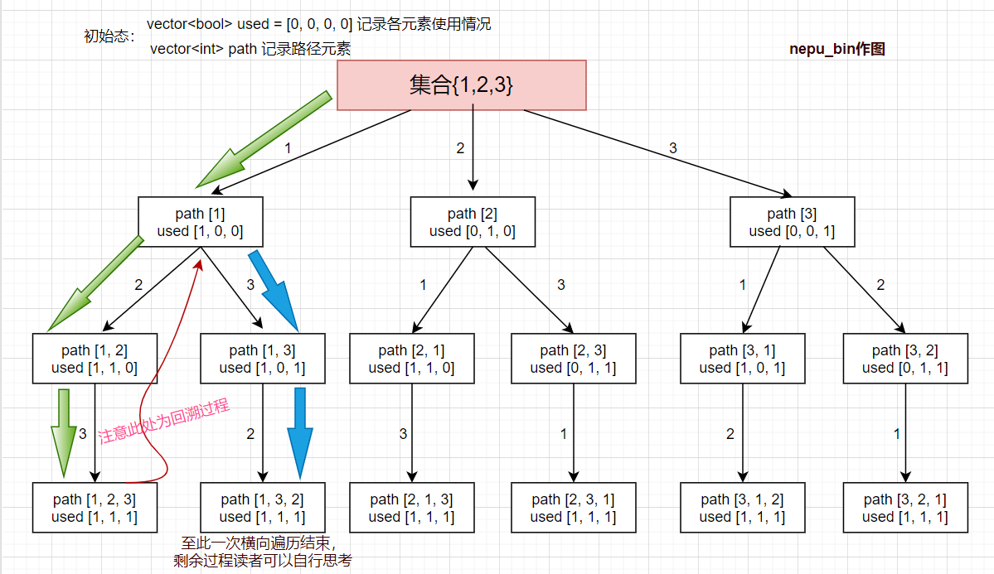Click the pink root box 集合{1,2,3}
coord(461,84)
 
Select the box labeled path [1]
coord(200,222)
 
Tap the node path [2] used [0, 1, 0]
coord(473,222)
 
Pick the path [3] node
coord(792,222)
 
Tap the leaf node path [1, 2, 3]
coord(95,508)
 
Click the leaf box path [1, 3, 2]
coord(263,508)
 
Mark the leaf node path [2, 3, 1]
coord(573,508)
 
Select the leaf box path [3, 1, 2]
coord(742,508)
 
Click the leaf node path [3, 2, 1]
coord(904,508)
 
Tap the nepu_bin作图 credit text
coord(837,50)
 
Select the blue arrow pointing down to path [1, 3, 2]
coord(300,431)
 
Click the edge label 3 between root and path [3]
coord(672,148)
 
